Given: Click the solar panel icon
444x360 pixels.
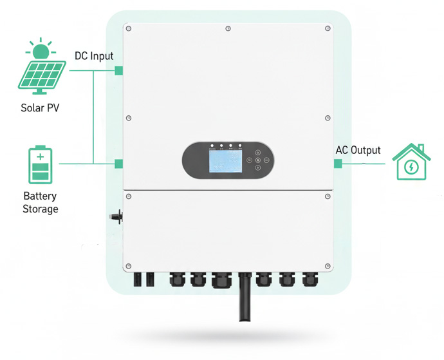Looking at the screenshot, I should (x=41, y=70).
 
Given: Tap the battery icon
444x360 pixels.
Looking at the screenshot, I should (x=41, y=166).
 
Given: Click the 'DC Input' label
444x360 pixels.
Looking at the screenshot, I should (x=94, y=57).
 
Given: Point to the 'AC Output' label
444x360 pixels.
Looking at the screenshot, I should (x=358, y=150).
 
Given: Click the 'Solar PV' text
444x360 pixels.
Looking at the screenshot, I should (x=40, y=108).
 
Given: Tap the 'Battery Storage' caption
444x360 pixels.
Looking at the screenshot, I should (x=40, y=202).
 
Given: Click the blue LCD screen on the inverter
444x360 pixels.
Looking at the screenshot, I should (x=224, y=159).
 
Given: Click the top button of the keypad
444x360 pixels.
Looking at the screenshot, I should (x=257, y=152).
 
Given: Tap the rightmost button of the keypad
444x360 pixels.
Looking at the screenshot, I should (x=265, y=160).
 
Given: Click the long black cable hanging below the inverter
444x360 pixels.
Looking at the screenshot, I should (x=245, y=299).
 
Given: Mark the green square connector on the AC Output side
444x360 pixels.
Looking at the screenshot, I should (x=338, y=164).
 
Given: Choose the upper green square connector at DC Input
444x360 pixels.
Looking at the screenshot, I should (x=118, y=70).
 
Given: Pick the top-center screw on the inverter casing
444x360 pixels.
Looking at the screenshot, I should (x=228, y=28).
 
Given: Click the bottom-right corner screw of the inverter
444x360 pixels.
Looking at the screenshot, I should (x=328, y=266).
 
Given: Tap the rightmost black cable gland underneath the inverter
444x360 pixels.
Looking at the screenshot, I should (x=310, y=279).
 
